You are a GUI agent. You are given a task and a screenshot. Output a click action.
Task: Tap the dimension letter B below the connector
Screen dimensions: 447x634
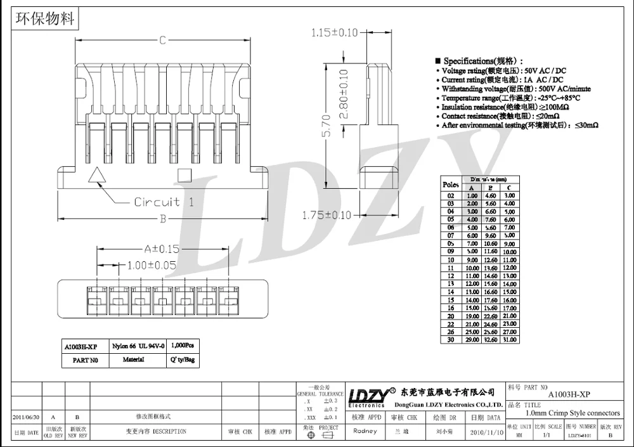point(162,219)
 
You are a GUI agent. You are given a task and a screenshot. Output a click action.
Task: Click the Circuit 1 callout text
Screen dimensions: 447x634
point(164,202)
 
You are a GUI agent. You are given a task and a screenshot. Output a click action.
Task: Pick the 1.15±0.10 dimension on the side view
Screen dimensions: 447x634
point(344,33)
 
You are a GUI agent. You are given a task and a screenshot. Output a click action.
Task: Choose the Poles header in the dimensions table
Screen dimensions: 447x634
point(451,185)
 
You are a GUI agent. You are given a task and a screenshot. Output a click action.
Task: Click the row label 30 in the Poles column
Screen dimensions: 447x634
point(451,340)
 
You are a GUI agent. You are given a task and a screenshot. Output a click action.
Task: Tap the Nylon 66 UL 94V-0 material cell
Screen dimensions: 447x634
point(138,346)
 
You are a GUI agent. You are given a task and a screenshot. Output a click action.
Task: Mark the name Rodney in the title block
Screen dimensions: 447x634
point(365,431)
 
